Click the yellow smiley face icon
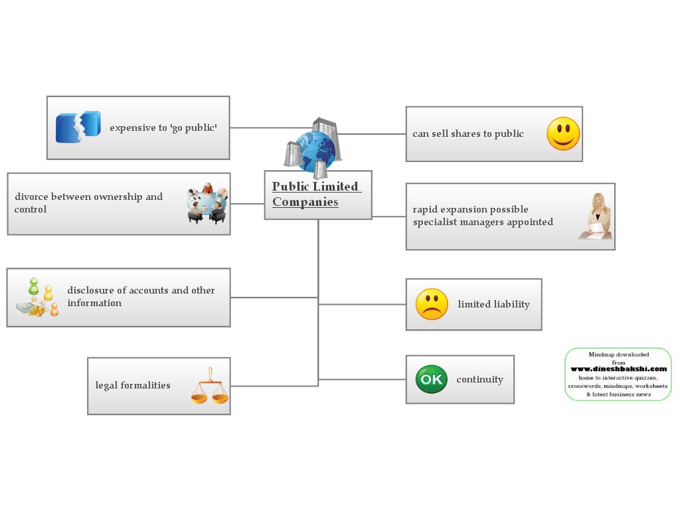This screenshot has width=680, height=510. (x=563, y=133)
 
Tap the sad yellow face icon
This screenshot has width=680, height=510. (x=432, y=304)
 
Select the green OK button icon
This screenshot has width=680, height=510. (x=431, y=379)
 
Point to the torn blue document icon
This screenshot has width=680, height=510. (x=78, y=127)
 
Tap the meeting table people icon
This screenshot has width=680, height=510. (x=207, y=203)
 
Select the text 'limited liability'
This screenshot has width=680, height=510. (x=493, y=304)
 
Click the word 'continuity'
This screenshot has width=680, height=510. (x=479, y=380)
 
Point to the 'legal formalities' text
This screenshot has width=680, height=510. (x=133, y=385)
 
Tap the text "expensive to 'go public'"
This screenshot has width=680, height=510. (x=163, y=127)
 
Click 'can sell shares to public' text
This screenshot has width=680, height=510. (x=468, y=133)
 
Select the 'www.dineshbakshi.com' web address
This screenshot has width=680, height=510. (x=618, y=369)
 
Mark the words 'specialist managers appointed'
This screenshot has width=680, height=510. (x=483, y=222)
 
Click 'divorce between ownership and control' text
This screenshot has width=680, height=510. (x=88, y=203)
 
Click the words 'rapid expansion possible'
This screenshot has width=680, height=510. (x=470, y=209)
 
